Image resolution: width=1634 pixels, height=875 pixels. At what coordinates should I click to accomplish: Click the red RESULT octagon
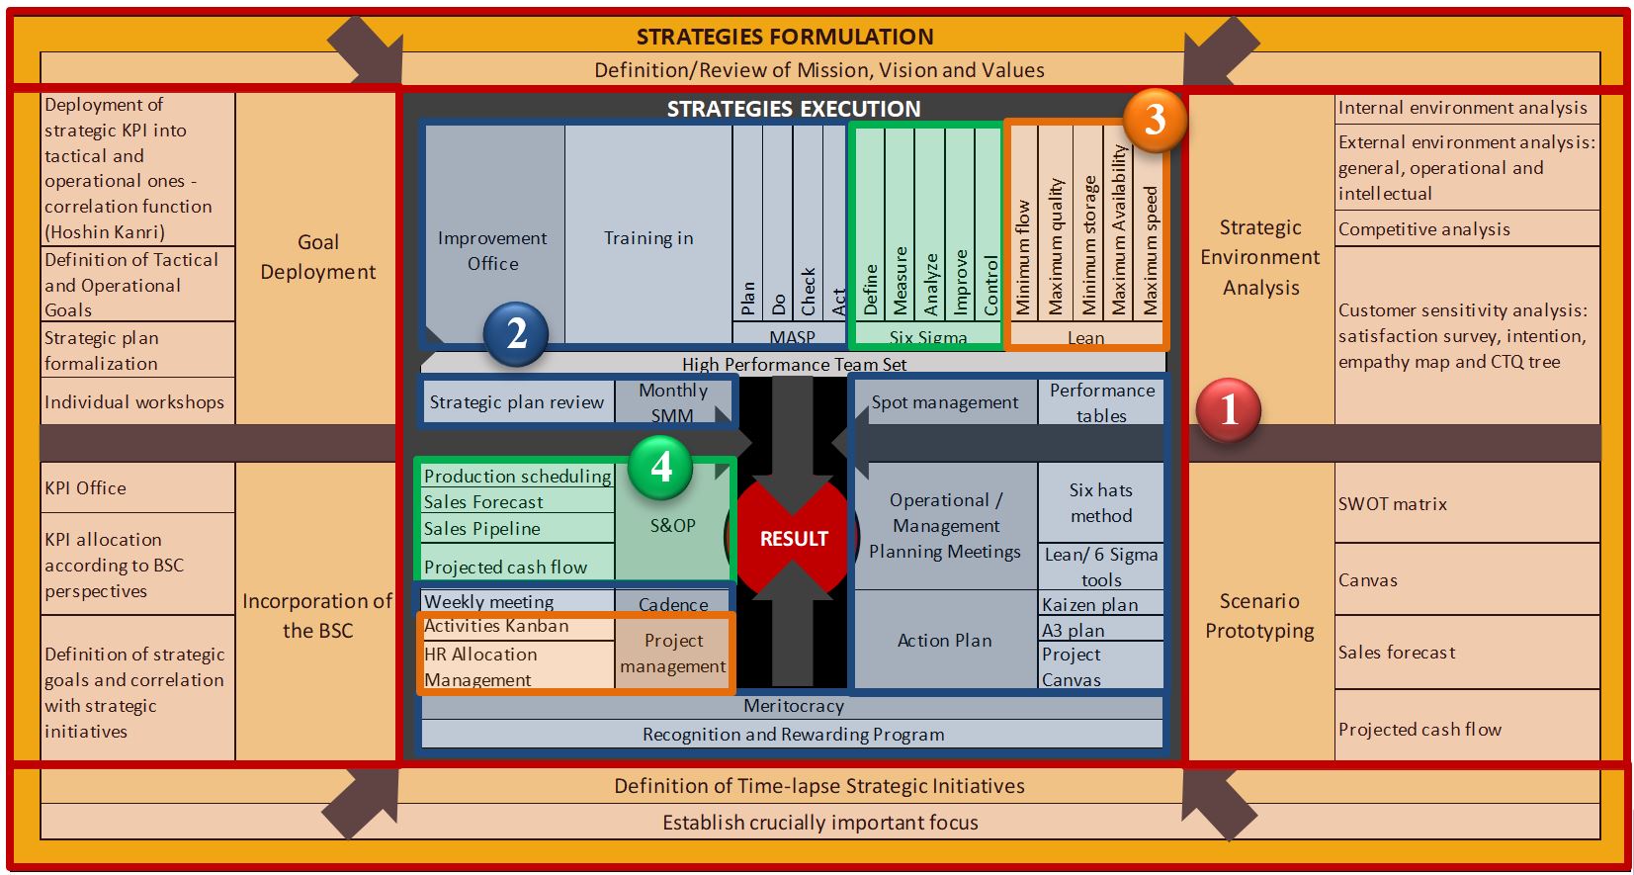pyautogui.click(x=793, y=539)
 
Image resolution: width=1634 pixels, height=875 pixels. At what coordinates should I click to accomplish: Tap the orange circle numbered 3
pyautogui.click(x=1155, y=121)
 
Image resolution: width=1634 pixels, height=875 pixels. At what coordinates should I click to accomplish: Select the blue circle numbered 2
pyautogui.click(x=516, y=334)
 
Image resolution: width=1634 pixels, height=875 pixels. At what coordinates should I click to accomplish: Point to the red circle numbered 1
pyautogui.click(x=1229, y=409)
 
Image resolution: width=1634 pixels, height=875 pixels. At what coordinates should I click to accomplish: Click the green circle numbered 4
pyautogui.click(x=661, y=467)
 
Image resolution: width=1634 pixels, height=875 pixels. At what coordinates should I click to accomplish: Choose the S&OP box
pyautogui.click(x=673, y=525)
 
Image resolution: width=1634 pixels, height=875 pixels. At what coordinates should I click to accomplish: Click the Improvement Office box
pyautogui.click(x=493, y=250)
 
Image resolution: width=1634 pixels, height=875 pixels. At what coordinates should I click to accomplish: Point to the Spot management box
pyautogui.click(x=944, y=402)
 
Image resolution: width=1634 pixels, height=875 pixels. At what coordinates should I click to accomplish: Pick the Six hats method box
pyautogui.click(x=1100, y=503)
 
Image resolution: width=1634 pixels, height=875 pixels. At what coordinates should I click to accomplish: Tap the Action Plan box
pyautogui.click(x=944, y=641)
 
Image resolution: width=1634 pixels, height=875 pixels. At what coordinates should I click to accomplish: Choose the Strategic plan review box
pyautogui.click(x=516, y=402)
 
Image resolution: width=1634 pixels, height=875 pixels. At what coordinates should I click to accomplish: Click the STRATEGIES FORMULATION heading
pyautogui.click(x=785, y=37)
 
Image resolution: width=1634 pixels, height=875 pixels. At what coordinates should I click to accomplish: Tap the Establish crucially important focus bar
pyautogui.click(x=819, y=823)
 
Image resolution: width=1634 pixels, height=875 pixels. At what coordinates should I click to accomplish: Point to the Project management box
pyautogui.click(x=673, y=654)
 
